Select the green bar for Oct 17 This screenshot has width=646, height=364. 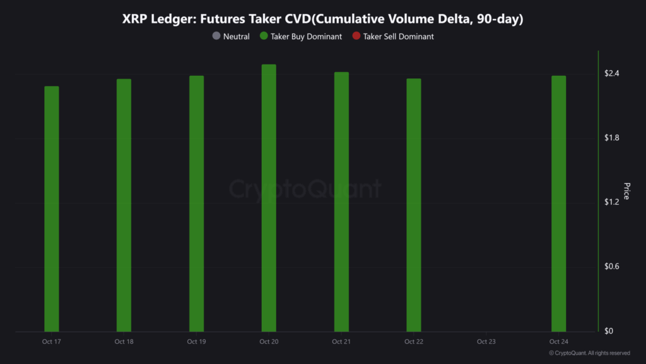pyautogui.click(x=52, y=209)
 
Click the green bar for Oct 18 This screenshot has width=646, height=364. pyautogui.click(x=124, y=205)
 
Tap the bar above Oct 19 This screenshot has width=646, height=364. pyautogui.click(x=196, y=203)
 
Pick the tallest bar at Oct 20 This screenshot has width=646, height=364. pyautogui.click(x=269, y=198)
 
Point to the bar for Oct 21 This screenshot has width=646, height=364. pyautogui.click(x=341, y=202)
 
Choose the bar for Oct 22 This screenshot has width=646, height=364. pyautogui.click(x=414, y=205)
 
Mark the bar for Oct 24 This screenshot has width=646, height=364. pyautogui.click(x=558, y=203)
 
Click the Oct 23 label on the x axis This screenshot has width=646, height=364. pyautogui.click(x=486, y=342)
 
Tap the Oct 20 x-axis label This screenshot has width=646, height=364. pyautogui.click(x=269, y=342)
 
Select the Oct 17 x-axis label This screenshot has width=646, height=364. pyautogui.click(x=52, y=342)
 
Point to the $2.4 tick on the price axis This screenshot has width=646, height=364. pyautogui.click(x=611, y=74)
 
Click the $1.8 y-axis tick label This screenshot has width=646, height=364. pyautogui.click(x=611, y=138)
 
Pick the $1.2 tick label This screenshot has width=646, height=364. pyautogui.click(x=611, y=202)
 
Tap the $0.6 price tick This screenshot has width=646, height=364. pyautogui.click(x=611, y=267)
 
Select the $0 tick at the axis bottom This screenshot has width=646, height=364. pyautogui.click(x=608, y=331)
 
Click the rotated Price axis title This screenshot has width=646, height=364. pyautogui.click(x=626, y=191)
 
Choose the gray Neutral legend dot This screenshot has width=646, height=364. pyautogui.click(x=216, y=37)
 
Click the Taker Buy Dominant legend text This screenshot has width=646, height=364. pyautogui.click(x=306, y=37)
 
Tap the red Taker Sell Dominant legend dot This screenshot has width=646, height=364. pyautogui.click(x=356, y=37)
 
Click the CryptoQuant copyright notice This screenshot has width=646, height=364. pyautogui.click(x=589, y=353)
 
